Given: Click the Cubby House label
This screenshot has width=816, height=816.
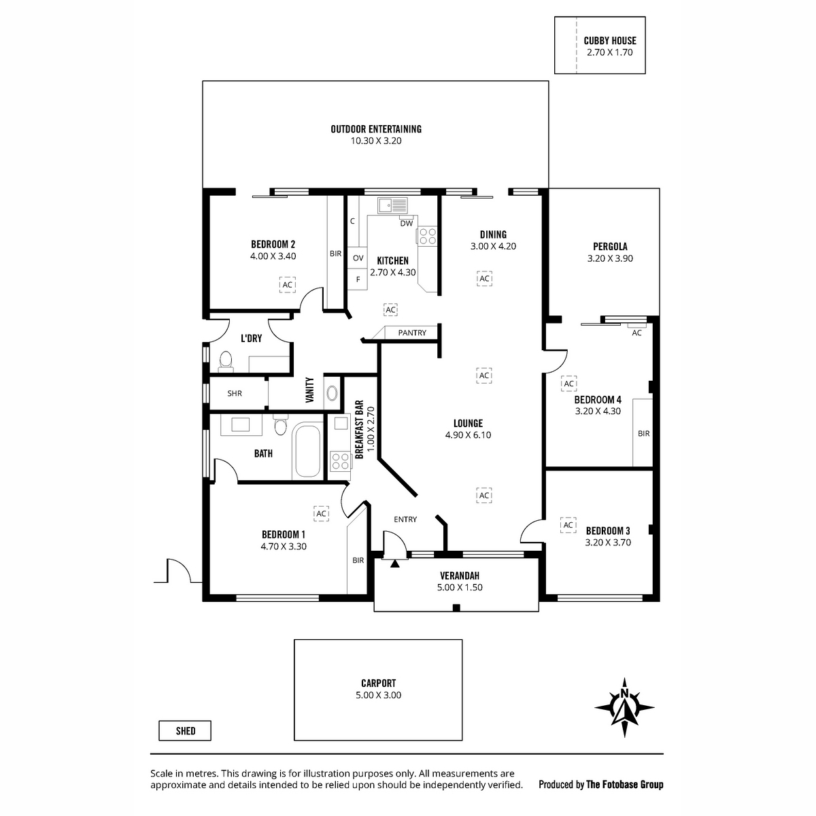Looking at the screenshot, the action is coord(610,41).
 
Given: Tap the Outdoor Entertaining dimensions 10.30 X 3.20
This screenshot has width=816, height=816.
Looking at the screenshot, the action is coord(375,141).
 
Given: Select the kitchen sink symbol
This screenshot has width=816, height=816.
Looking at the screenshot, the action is coord(392,205).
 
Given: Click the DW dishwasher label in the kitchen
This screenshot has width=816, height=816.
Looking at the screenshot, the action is coord(406,223).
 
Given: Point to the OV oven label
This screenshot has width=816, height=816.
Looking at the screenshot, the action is coord(358,258).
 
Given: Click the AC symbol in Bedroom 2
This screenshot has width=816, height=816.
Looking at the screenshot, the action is coord(288,284).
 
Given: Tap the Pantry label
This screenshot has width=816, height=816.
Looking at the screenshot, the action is coord(412,333).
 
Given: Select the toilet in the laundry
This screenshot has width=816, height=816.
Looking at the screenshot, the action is coord(226,362).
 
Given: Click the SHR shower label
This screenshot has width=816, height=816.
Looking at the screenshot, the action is coord(235,394).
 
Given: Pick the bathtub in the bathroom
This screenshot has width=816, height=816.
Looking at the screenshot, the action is coord(307,450).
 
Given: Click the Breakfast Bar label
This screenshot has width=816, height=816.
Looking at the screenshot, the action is coord(360,430).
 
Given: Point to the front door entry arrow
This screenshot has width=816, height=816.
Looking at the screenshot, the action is coord(394,563).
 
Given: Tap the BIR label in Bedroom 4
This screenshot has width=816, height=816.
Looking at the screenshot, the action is coord(644,434).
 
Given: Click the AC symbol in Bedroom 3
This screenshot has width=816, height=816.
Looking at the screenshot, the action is coord(568,525).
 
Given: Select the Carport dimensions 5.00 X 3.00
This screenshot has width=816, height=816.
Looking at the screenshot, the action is coord(378,696).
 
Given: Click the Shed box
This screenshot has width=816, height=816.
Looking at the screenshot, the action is coord(185,731).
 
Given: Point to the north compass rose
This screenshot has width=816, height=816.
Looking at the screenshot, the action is coord(624,707).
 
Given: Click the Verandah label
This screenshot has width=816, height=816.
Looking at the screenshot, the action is coord(460,575).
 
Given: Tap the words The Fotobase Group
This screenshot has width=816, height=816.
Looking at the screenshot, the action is coord(625,785).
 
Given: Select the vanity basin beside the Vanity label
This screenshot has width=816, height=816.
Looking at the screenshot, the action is coord(332,394).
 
